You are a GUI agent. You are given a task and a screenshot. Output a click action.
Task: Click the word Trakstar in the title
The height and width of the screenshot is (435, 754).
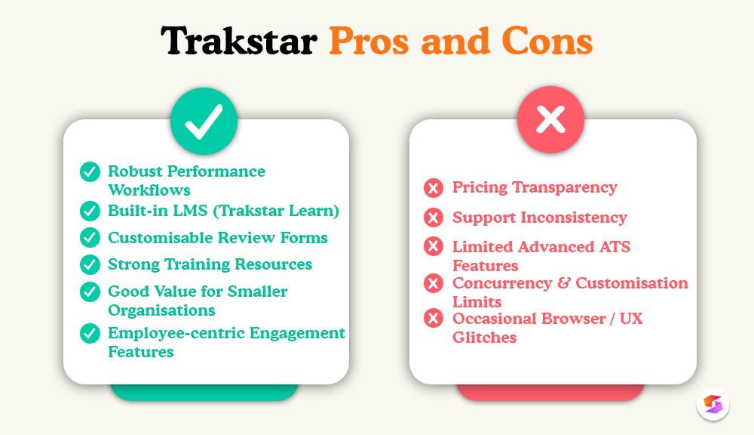(x=238, y=42)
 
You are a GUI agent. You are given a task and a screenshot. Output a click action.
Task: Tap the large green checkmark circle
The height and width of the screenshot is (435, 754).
(x=204, y=121)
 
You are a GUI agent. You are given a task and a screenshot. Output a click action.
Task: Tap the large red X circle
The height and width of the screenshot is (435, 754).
(x=550, y=120)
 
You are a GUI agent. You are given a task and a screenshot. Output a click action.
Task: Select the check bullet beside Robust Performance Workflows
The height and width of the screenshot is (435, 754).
(x=90, y=171)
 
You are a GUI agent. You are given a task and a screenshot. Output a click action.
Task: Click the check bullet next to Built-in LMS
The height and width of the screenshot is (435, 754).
(x=90, y=211)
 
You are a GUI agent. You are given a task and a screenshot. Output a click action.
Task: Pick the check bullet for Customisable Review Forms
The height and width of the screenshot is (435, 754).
(x=90, y=238)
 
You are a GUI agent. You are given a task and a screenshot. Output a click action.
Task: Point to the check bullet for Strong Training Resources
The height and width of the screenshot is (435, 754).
(x=90, y=264)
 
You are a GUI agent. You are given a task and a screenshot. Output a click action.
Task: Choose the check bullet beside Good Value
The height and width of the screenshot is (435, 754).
(x=90, y=292)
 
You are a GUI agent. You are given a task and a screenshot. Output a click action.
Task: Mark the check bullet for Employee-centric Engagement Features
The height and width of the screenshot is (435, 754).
(x=90, y=333)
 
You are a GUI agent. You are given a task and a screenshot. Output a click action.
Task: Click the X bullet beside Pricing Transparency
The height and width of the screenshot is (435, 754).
(x=434, y=188)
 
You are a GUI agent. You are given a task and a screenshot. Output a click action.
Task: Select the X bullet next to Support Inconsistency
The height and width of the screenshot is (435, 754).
(x=434, y=217)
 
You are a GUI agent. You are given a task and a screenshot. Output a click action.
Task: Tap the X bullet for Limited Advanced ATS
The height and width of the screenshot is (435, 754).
(x=434, y=247)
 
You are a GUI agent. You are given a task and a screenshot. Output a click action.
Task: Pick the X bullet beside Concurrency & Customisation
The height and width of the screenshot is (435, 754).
(x=434, y=283)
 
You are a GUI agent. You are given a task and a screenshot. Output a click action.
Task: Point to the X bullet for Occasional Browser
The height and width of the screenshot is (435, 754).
(x=434, y=319)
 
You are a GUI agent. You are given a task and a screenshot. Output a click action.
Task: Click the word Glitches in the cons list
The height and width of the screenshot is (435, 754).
(x=484, y=338)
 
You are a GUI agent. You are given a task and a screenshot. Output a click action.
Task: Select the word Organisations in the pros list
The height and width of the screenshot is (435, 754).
(x=161, y=310)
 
